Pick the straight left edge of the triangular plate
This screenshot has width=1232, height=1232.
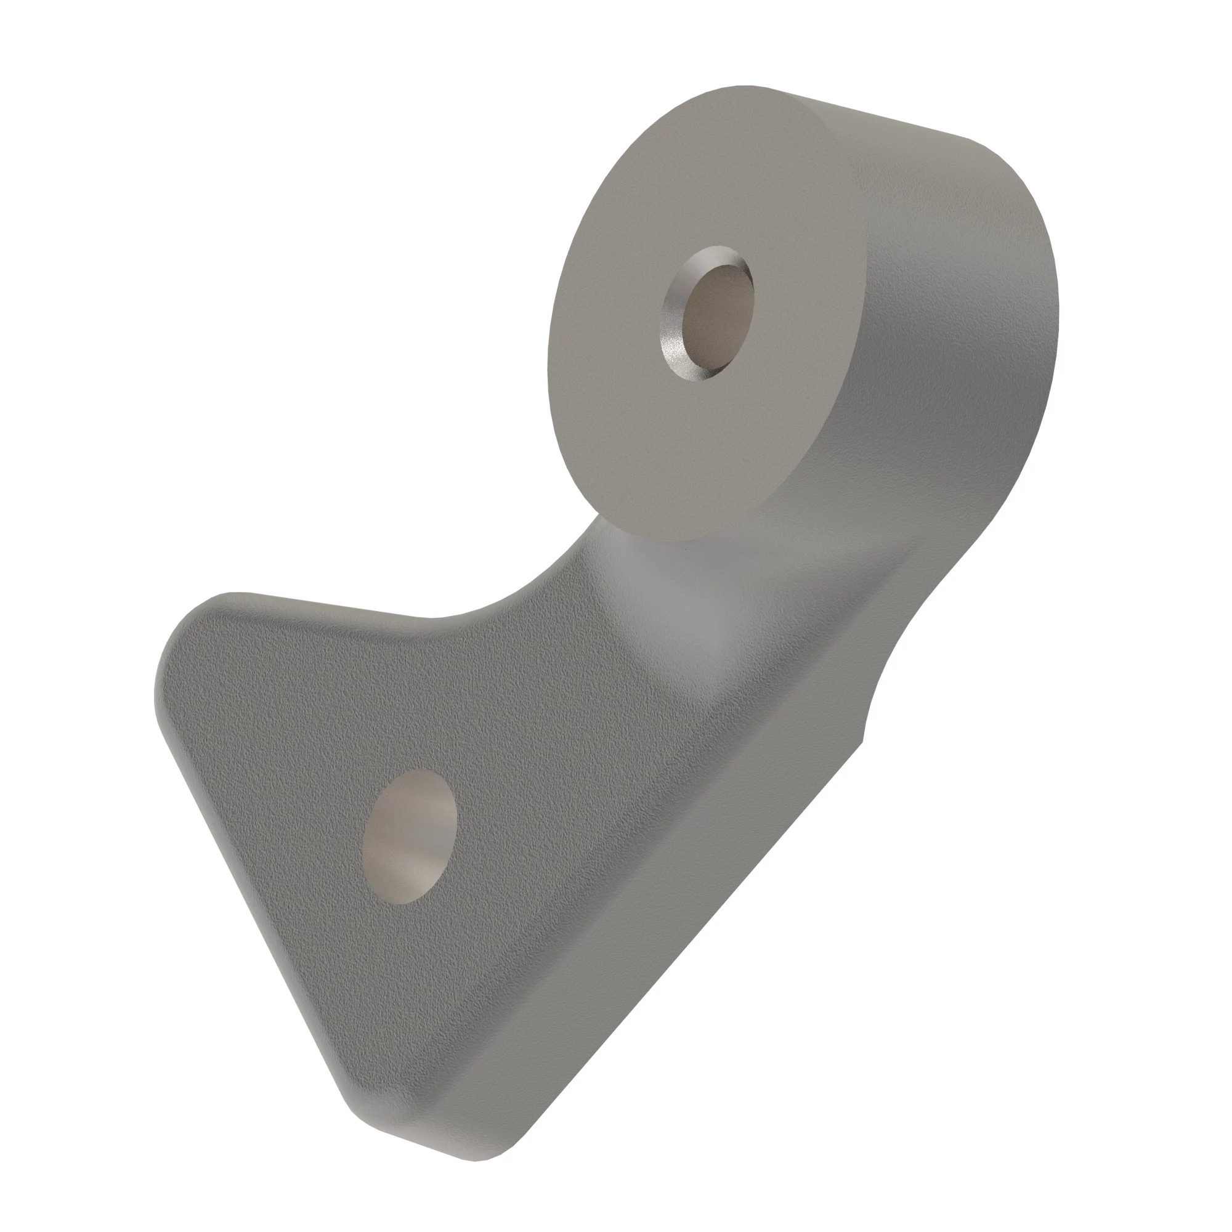[255, 893]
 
